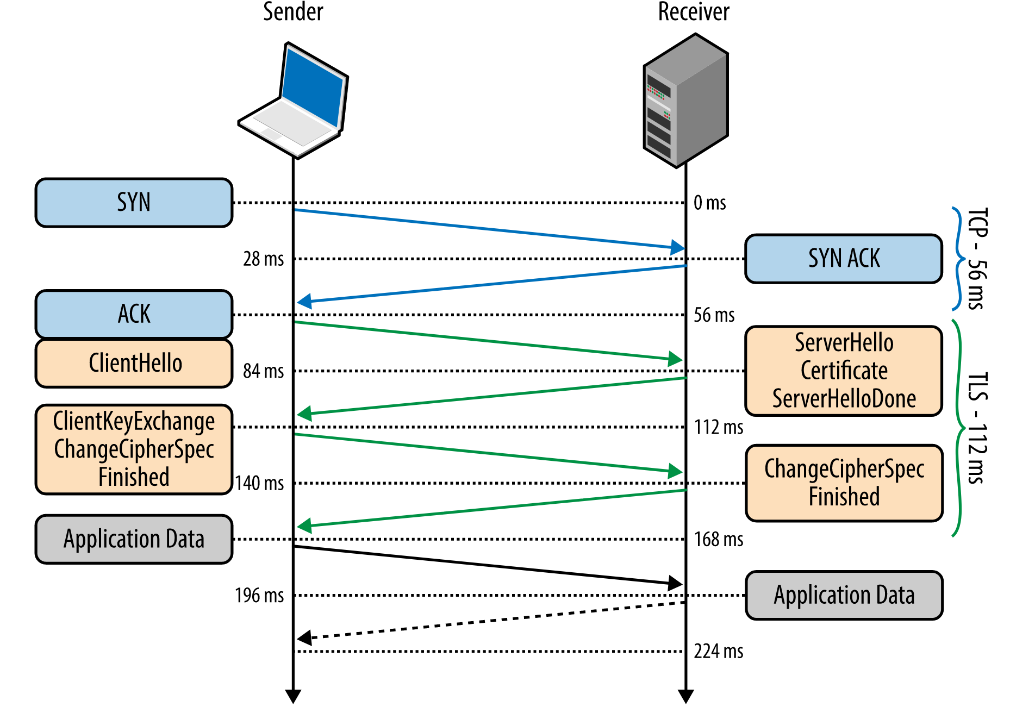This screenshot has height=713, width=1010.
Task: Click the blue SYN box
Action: [134, 203]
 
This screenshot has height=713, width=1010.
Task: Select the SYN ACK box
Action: [843, 259]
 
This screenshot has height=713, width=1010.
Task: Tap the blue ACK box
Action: [134, 314]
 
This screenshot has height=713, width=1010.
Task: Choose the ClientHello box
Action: [134, 363]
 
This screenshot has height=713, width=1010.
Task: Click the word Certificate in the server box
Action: [844, 371]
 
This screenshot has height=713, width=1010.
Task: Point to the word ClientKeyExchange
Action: [134, 421]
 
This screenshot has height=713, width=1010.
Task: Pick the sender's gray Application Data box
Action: [134, 539]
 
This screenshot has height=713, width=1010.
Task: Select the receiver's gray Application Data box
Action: [844, 595]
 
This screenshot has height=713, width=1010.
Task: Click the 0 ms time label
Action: [709, 203]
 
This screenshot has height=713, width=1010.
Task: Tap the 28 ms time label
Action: [263, 259]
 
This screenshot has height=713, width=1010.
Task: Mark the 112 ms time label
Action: [718, 427]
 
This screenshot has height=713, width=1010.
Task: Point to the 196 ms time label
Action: [259, 595]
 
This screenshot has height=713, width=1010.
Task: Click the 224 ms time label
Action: [718, 651]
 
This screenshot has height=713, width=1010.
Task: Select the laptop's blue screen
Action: [313, 87]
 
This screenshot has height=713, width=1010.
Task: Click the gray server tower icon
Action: [686, 101]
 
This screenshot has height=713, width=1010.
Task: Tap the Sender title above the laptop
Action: [293, 12]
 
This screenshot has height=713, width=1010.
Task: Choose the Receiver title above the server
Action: [693, 12]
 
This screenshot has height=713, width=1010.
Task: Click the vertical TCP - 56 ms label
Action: [977, 259]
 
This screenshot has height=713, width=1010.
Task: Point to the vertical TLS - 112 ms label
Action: [977, 428]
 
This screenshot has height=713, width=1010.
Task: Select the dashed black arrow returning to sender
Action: [489, 621]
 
